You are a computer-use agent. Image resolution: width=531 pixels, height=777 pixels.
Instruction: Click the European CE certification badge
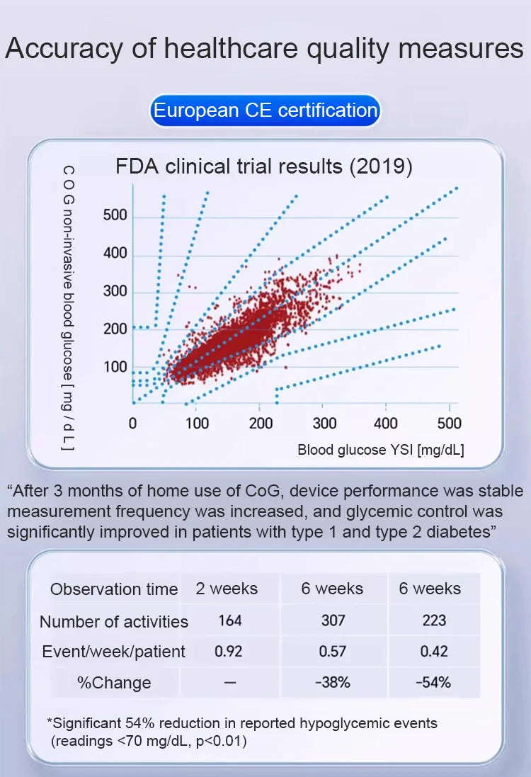point(265,111)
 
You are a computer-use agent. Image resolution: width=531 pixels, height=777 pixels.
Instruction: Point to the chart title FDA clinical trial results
point(264,167)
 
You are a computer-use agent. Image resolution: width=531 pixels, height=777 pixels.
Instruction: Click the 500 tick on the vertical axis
point(115,215)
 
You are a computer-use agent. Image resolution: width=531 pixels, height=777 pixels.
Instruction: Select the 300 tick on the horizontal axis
point(324,424)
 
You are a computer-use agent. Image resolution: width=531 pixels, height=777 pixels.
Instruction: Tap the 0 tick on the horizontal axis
point(133,424)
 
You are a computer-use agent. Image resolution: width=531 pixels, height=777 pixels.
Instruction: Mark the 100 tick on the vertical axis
point(115,367)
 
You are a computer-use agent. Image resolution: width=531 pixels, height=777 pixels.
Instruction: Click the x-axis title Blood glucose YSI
point(380,450)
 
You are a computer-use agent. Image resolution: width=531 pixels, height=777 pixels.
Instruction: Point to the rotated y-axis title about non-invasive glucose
point(68,308)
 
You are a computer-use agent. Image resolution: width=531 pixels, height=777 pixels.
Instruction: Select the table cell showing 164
point(229,620)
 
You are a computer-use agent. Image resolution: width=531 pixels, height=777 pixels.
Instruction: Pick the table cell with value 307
point(333,620)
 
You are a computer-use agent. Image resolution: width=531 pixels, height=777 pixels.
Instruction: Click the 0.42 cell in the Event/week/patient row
point(434,651)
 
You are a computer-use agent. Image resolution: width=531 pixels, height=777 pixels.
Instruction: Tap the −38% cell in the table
point(333,683)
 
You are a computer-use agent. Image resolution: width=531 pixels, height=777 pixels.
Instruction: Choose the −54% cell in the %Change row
point(434,683)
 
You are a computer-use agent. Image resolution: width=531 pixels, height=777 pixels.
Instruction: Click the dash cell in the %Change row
point(229,683)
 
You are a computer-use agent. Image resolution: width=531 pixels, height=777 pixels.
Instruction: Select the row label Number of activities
point(114,622)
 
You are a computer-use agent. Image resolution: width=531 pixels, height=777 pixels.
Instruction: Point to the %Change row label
point(114,683)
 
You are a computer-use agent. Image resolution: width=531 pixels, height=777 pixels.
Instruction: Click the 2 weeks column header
point(227,589)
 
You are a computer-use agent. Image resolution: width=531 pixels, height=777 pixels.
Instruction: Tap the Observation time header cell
point(114,589)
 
